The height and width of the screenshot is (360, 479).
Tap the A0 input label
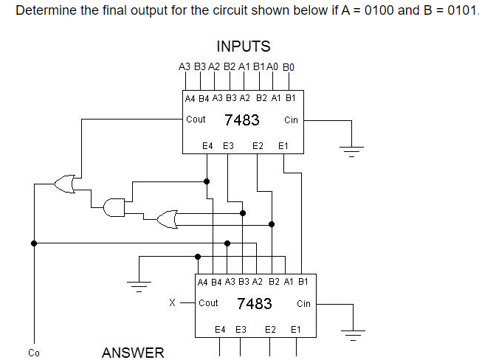[272, 66]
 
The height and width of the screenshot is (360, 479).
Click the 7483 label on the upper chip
[242, 120]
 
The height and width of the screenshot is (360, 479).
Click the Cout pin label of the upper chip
[196, 119]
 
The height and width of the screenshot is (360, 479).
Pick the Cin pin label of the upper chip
[290, 120]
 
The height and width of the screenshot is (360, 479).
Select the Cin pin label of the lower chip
[303, 303]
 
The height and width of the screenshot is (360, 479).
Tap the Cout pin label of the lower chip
[208, 303]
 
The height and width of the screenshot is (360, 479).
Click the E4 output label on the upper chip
[207, 146]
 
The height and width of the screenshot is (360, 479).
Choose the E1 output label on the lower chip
[296, 330]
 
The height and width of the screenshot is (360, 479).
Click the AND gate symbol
[114, 207]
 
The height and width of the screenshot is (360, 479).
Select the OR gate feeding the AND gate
[167, 218]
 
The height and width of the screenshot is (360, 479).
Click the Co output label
[33, 352]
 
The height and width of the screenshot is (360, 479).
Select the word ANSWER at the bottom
[133, 352]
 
